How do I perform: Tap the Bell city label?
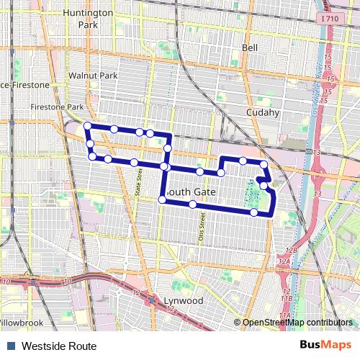coord(250,48)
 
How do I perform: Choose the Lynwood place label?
coord(180,300)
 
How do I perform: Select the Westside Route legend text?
coord(59,346)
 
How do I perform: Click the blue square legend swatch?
coord(12,346)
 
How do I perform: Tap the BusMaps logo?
coord(326,346)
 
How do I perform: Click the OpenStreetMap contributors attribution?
coord(297,323)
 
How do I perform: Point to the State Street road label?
coord(138,181)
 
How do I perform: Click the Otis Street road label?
coord(201,225)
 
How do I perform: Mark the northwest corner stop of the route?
coord(87,126)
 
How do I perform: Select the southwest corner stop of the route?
coord(161,200)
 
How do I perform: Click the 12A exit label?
coord(284,261)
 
